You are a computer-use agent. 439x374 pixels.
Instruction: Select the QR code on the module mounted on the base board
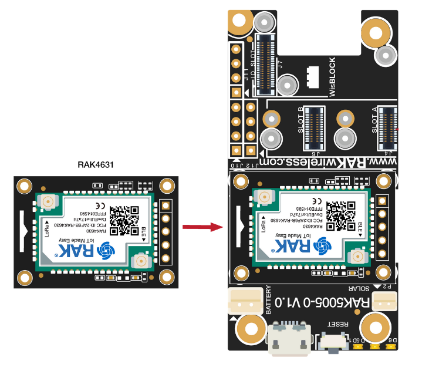(x=342, y=215)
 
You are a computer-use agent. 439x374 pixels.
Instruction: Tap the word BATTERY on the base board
(x=269, y=299)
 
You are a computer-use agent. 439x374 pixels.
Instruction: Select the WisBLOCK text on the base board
(x=332, y=77)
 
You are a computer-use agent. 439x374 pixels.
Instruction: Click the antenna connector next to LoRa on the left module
(x=47, y=203)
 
